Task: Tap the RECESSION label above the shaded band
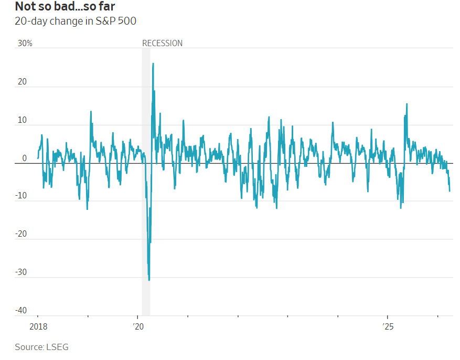point(163,43)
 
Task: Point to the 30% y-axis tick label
point(25,44)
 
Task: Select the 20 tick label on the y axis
point(22,82)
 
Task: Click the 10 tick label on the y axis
point(22,120)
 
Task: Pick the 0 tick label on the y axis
point(24,158)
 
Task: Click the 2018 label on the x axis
point(38,326)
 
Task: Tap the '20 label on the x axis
point(138,326)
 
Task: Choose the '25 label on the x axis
point(388,326)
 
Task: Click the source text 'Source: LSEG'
point(41,347)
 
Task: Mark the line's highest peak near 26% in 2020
point(153,63)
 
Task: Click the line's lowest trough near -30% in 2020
point(149,280)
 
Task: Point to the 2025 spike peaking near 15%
point(406,104)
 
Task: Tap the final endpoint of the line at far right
point(450,191)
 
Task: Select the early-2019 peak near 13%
point(91,111)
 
